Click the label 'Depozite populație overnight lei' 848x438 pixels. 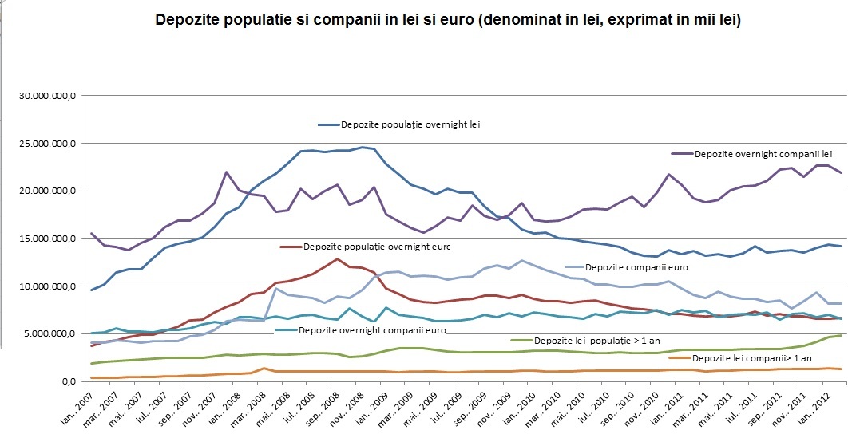point(410,124)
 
